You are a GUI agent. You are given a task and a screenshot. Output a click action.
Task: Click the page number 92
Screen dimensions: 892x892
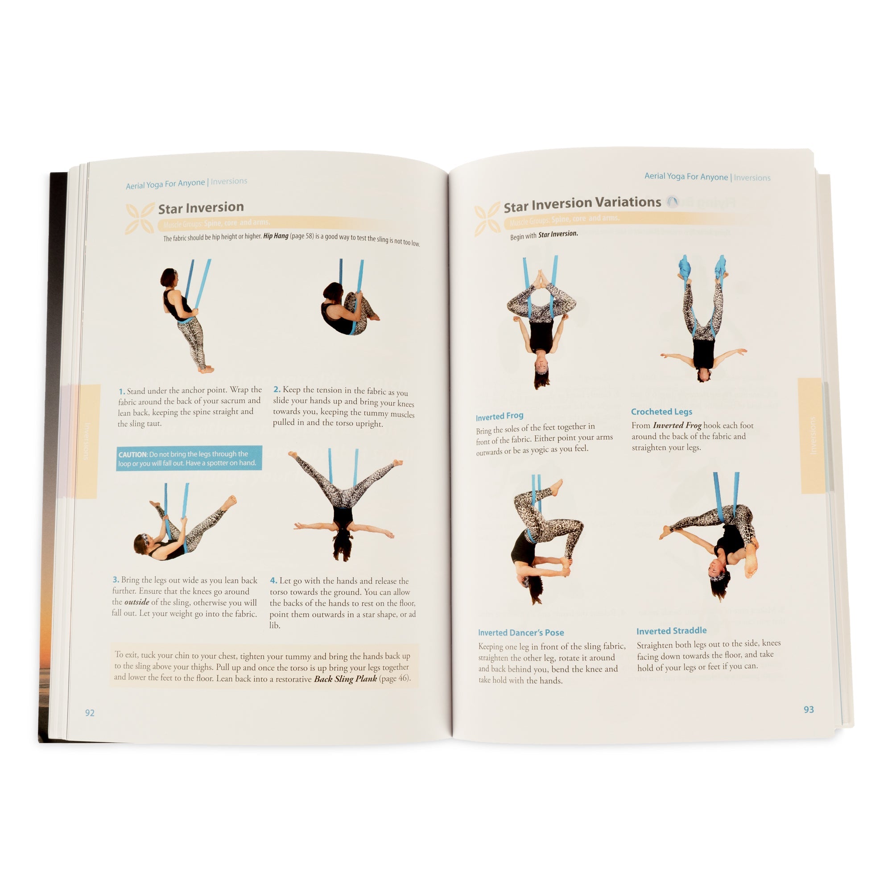point(90,712)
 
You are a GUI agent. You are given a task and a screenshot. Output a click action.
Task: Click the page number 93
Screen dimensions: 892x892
point(809,709)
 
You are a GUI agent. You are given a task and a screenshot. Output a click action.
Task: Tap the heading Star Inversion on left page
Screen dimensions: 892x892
point(201,208)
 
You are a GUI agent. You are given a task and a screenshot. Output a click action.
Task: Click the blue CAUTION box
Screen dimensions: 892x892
point(189,458)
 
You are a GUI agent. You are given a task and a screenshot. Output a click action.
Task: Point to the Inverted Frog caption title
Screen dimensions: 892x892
point(499,416)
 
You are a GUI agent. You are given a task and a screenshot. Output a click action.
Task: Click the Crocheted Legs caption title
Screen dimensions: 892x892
point(661,411)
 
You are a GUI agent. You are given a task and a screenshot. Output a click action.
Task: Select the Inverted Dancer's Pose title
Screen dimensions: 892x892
point(521,632)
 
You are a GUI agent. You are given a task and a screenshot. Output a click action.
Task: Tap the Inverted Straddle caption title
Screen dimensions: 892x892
point(671,631)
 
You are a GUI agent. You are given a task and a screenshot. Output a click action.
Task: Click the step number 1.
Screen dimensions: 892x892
point(121,392)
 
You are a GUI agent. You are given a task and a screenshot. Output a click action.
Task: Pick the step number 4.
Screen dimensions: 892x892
point(273,580)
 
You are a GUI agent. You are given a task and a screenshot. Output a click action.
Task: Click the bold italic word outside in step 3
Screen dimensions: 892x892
point(136,602)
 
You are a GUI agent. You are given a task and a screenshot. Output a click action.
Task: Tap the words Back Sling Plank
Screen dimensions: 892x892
point(345,679)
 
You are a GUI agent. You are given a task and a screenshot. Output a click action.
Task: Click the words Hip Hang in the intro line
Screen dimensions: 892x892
point(276,236)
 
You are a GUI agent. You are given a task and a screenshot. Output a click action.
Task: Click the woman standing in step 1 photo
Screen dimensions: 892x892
point(185,318)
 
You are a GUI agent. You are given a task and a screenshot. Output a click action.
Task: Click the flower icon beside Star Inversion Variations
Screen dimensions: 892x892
point(487,219)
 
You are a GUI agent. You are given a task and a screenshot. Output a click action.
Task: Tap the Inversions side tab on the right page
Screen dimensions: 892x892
point(812,435)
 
